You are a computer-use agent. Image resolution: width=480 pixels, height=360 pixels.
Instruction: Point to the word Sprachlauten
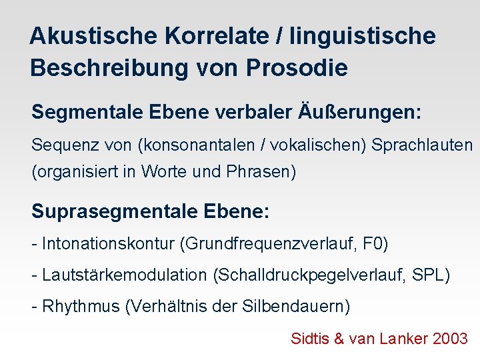point(422,144)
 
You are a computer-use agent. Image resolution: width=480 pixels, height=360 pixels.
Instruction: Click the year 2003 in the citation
point(450,339)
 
